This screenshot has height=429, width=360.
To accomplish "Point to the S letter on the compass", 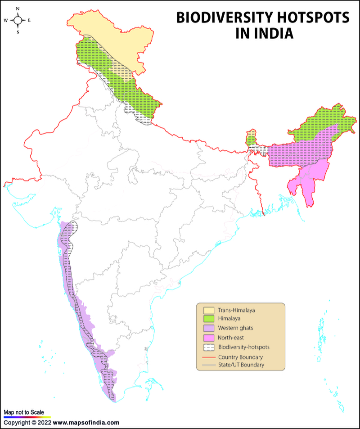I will point(18,32).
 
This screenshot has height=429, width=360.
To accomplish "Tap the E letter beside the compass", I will point(29,20).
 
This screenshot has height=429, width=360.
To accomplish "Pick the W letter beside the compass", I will point(6,20).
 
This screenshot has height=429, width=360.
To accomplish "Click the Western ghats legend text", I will point(235,328).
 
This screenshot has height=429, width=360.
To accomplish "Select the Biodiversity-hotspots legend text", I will point(243,348).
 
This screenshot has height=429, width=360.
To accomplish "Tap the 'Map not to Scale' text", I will point(24,412).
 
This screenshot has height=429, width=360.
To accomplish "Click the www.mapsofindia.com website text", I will point(86,423).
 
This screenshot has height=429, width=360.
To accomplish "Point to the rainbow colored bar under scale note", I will point(27,417).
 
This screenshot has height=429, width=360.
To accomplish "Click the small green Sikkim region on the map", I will point(251,138).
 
